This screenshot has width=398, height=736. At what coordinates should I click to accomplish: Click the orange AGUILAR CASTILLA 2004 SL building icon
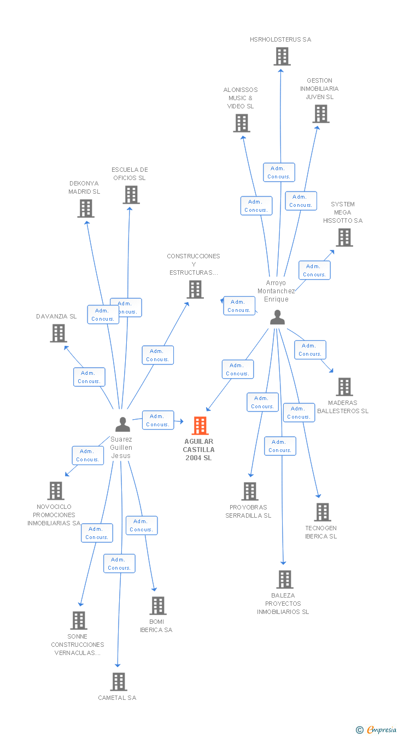[200, 425]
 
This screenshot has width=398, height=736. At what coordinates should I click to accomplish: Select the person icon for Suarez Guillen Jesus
[122, 424]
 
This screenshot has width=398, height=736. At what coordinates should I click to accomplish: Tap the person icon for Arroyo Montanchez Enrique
[277, 317]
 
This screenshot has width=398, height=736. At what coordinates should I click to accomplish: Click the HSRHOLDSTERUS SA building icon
[282, 56]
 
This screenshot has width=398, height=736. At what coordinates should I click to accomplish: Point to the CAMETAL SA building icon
[119, 681]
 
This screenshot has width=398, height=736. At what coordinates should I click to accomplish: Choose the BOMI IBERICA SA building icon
[158, 605]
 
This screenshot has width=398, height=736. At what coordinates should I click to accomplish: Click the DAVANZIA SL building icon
[58, 333]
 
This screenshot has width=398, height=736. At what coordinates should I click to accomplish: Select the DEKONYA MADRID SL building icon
[85, 208]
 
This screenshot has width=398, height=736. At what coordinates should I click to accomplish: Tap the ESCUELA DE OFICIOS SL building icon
[131, 195]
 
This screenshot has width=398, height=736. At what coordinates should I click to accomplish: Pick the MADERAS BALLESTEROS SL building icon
[344, 386]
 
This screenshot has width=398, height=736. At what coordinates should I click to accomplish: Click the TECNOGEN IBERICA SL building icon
[323, 512]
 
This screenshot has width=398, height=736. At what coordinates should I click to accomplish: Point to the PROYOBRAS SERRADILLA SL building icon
[249, 491]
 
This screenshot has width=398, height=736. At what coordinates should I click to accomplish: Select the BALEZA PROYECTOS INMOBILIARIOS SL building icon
[284, 579]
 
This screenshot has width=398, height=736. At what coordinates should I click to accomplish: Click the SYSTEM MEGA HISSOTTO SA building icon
[344, 237]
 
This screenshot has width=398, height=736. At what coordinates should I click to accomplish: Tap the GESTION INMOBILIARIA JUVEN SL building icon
[320, 114]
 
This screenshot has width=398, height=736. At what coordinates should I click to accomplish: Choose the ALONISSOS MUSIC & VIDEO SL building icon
[241, 123]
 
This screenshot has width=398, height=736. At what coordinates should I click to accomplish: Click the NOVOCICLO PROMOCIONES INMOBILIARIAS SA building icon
[56, 491]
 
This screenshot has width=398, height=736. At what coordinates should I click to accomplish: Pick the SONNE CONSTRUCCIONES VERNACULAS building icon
[79, 620]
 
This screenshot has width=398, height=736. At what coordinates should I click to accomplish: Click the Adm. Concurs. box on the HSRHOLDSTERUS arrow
[279, 172]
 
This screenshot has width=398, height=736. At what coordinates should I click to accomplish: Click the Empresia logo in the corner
[377, 729]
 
